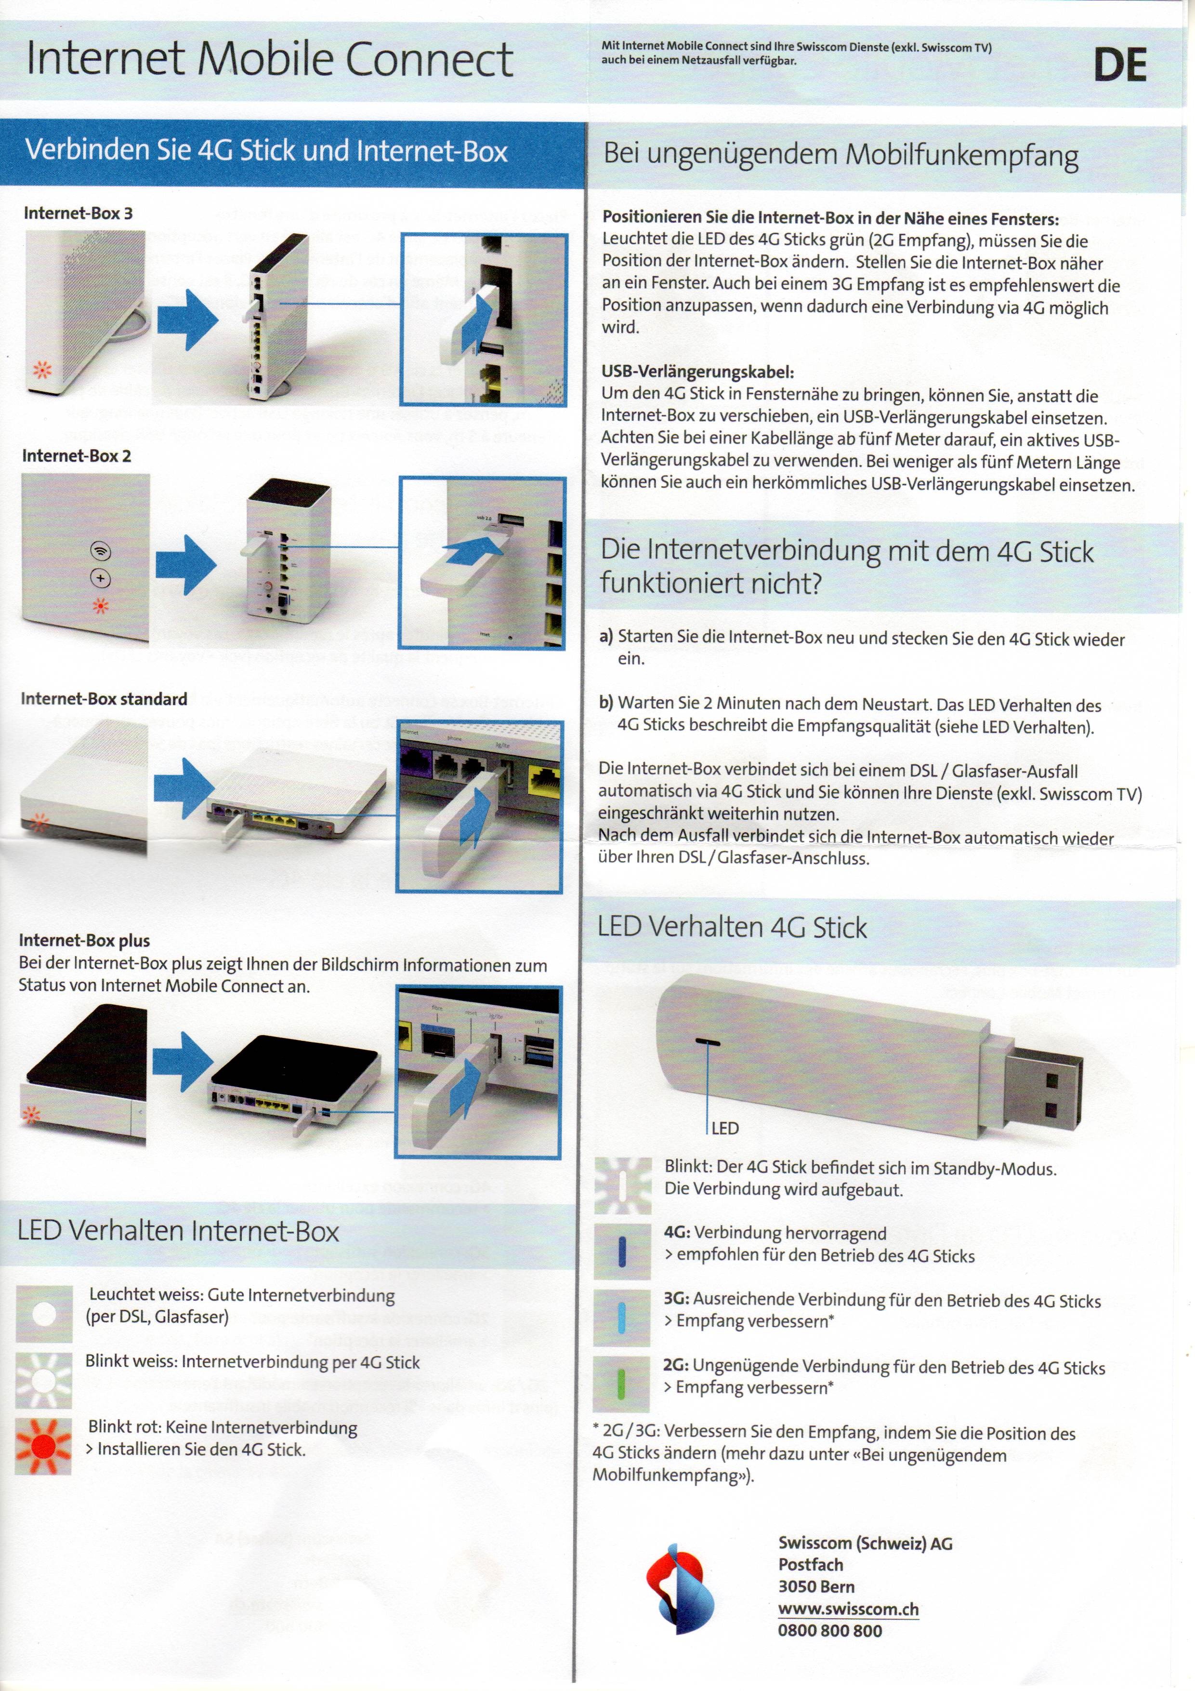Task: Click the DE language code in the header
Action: click(x=1119, y=66)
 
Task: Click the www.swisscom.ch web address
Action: click(x=848, y=1609)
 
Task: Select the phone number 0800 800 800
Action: click(x=830, y=1631)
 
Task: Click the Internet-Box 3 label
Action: click(x=78, y=213)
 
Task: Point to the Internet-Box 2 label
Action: click(x=77, y=456)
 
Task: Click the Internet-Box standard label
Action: click(x=104, y=699)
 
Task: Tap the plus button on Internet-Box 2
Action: click(x=100, y=579)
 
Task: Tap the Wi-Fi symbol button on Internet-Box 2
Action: click(x=100, y=551)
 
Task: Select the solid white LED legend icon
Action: click(x=44, y=1314)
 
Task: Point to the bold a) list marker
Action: click(x=606, y=636)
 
